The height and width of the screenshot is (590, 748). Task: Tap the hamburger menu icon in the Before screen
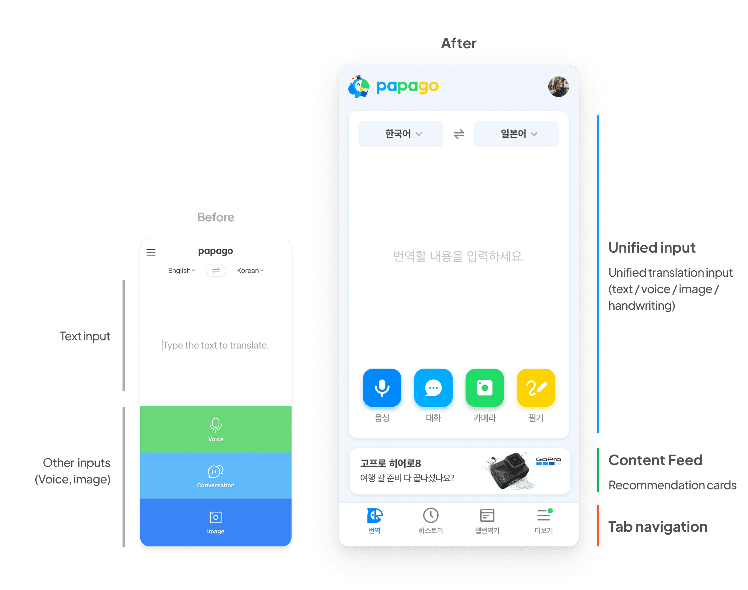click(x=151, y=252)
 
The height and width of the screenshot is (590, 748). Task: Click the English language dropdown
click(x=181, y=271)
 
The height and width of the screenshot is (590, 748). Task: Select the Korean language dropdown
click(x=250, y=271)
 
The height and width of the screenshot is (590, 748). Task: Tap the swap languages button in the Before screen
click(x=216, y=270)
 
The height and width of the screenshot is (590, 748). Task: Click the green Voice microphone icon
click(x=216, y=425)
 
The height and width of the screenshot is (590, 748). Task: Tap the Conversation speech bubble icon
click(x=216, y=471)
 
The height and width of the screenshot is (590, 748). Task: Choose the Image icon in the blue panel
click(x=216, y=517)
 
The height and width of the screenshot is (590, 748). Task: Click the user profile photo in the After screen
click(x=558, y=87)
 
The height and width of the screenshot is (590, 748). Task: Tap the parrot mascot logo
click(x=359, y=87)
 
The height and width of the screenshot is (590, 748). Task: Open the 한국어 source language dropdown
click(x=401, y=134)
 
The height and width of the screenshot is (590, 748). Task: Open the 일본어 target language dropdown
click(x=516, y=134)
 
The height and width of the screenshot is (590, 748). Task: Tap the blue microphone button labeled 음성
click(x=382, y=387)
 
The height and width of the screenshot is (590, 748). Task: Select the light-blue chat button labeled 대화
click(x=433, y=387)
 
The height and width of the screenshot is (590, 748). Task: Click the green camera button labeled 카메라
click(x=484, y=387)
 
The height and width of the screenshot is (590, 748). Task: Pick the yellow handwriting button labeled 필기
click(x=536, y=387)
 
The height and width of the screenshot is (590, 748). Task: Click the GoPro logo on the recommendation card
click(x=548, y=461)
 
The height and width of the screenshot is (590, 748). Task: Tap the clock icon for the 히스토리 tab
click(x=431, y=516)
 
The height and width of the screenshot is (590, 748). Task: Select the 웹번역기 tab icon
click(x=487, y=516)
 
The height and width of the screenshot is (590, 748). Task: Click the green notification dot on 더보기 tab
click(x=550, y=511)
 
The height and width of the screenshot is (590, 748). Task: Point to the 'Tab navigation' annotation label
click(x=658, y=527)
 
